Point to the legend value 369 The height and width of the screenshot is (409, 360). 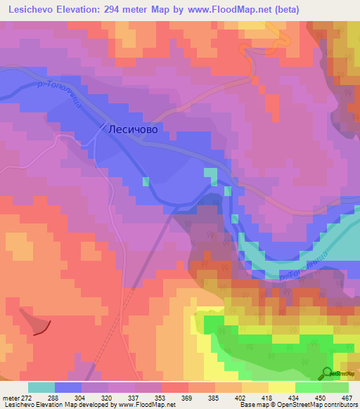188,397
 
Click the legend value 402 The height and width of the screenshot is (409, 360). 242,397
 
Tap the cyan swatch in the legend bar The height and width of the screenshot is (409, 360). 41,387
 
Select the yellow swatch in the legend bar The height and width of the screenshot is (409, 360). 281,387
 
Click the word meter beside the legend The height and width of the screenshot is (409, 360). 11,397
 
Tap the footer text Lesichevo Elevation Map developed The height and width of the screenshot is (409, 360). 49,405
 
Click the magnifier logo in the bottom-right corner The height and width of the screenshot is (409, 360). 327,373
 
